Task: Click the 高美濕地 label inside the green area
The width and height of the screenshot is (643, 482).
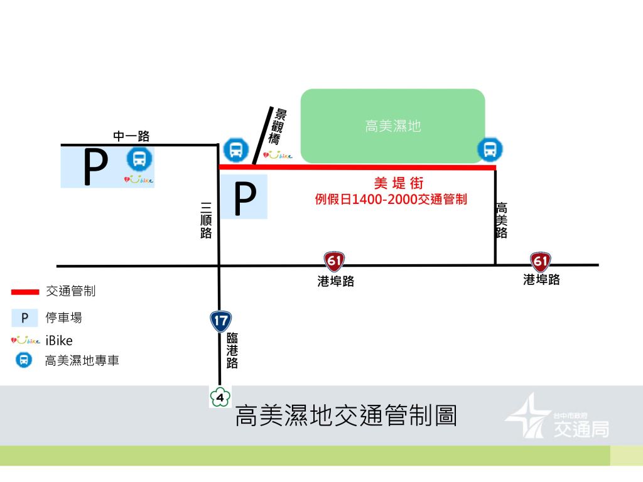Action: tap(392, 127)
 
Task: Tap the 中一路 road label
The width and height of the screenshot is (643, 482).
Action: tap(131, 136)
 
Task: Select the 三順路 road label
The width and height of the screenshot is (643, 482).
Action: tap(206, 221)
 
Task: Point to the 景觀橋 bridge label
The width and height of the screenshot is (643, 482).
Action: tap(279, 127)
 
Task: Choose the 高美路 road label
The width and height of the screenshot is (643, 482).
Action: tap(501, 220)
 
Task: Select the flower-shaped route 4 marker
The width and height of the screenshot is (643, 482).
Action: tap(220, 397)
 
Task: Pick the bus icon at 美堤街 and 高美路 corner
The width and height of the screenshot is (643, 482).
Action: tap(490, 149)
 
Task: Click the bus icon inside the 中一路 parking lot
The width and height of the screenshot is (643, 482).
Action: tap(139, 159)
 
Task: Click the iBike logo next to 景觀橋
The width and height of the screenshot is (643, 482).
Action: tap(278, 155)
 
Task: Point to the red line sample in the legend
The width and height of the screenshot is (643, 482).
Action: tap(25, 292)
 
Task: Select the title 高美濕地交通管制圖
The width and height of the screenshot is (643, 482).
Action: tap(346, 417)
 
